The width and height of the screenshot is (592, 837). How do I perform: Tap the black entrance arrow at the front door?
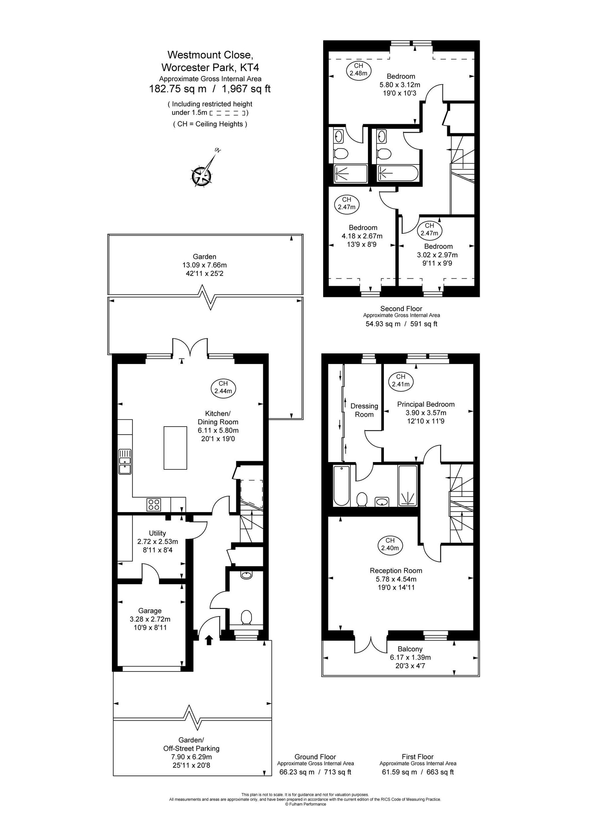click(209, 640)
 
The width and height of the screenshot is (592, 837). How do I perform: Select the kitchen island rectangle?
click(175, 448)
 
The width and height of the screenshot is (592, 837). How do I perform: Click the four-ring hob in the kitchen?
click(153, 505)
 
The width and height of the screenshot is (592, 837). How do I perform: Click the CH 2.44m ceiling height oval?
click(223, 387)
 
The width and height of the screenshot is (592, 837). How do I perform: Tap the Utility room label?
click(157, 533)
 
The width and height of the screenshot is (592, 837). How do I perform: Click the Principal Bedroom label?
click(426, 404)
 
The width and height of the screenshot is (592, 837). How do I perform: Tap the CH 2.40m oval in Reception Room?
click(390, 544)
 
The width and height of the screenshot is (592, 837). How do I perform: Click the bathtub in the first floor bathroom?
click(341, 486)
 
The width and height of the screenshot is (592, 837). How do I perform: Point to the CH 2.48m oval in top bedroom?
click(358, 69)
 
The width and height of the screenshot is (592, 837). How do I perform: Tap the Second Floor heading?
click(401, 308)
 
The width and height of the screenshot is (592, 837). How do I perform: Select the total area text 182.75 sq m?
click(178, 89)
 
